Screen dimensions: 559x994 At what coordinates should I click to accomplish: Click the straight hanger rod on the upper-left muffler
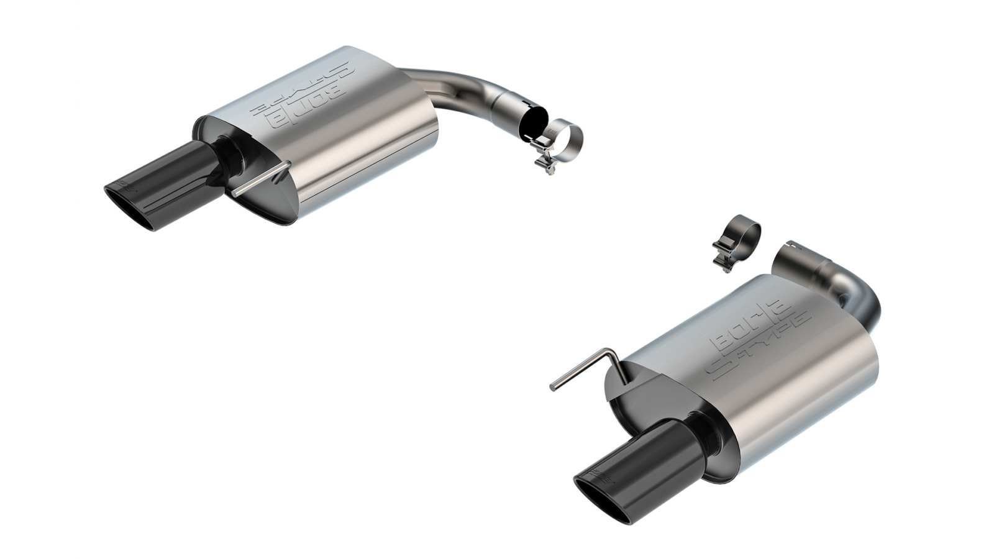tap(261, 181)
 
